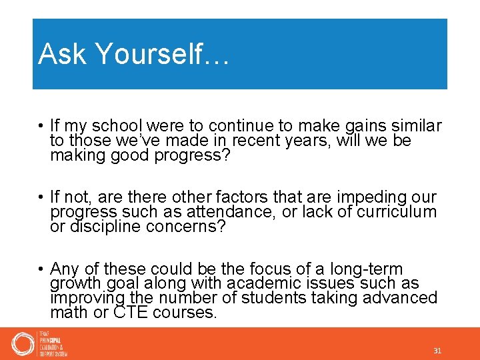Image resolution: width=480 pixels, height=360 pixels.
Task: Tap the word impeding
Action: pyautogui.click(x=362, y=197)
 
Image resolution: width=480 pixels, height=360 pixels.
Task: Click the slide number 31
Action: pyautogui.click(x=437, y=351)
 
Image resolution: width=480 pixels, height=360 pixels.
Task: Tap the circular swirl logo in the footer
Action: pyautogui.click(x=23, y=344)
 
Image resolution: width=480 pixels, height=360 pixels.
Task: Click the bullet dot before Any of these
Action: pyautogui.click(x=41, y=269)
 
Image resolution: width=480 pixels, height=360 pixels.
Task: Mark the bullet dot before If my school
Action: pyautogui.click(x=41, y=125)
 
